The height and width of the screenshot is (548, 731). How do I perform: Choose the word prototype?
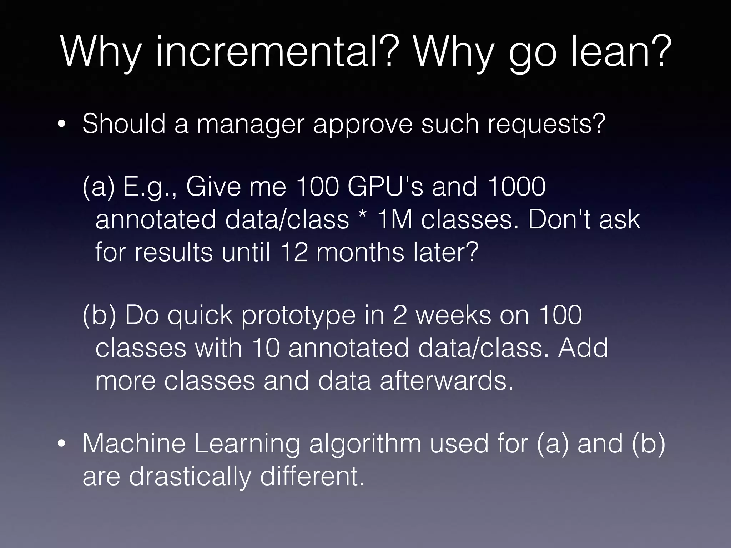tap(298, 316)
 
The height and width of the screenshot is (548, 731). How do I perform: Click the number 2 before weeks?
tap(400, 315)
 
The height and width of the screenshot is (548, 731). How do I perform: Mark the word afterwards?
tap(446, 381)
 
